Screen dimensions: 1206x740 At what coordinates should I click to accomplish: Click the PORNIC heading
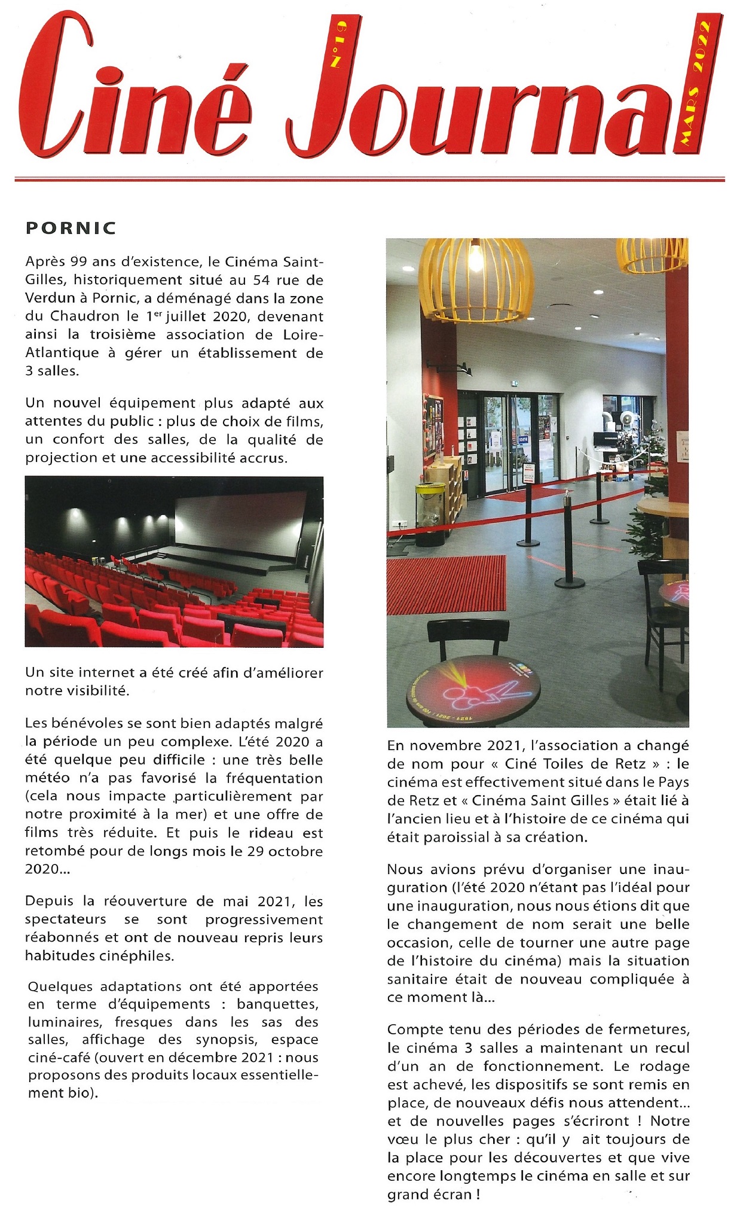[x=71, y=228]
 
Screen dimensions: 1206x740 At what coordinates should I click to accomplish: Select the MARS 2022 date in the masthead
[x=695, y=84]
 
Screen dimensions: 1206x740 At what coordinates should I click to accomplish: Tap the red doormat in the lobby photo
[x=446, y=584]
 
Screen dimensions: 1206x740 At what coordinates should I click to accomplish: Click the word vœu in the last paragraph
[x=402, y=1139]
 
